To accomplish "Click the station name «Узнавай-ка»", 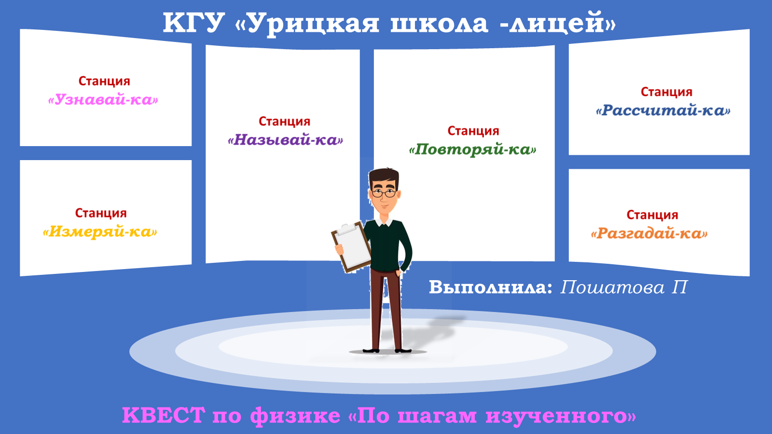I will [x=103, y=100].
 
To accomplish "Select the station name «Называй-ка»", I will [x=285, y=140].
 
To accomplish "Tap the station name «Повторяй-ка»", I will [x=472, y=149].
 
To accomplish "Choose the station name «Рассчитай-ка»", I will [x=663, y=111].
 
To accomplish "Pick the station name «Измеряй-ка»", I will [x=100, y=232].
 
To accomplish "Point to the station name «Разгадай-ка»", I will [x=649, y=234].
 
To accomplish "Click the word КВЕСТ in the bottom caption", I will [x=163, y=415].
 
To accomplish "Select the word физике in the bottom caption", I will [x=295, y=416].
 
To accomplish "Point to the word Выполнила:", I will [x=490, y=287].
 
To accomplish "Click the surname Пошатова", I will [x=612, y=287].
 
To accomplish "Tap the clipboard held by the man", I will [x=352, y=246].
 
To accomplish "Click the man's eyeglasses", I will [x=384, y=193].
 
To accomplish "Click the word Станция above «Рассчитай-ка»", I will [x=666, y=92].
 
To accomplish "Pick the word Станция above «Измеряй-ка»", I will [x=101, y=213].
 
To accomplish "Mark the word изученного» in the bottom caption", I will [x=561, y=416].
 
